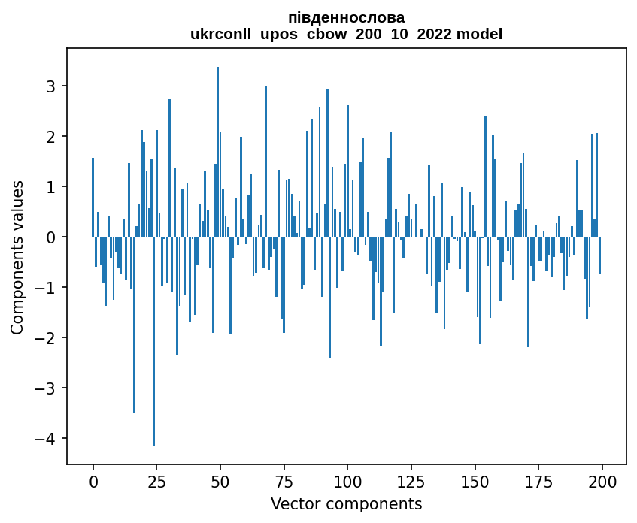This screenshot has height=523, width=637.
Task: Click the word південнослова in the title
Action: (x=346, y=17)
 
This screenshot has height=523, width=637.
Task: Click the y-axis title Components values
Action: (x=17, y=257)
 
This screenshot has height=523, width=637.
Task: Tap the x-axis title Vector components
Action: (x=346, y=503)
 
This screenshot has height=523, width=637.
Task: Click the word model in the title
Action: (x=482, y=34)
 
